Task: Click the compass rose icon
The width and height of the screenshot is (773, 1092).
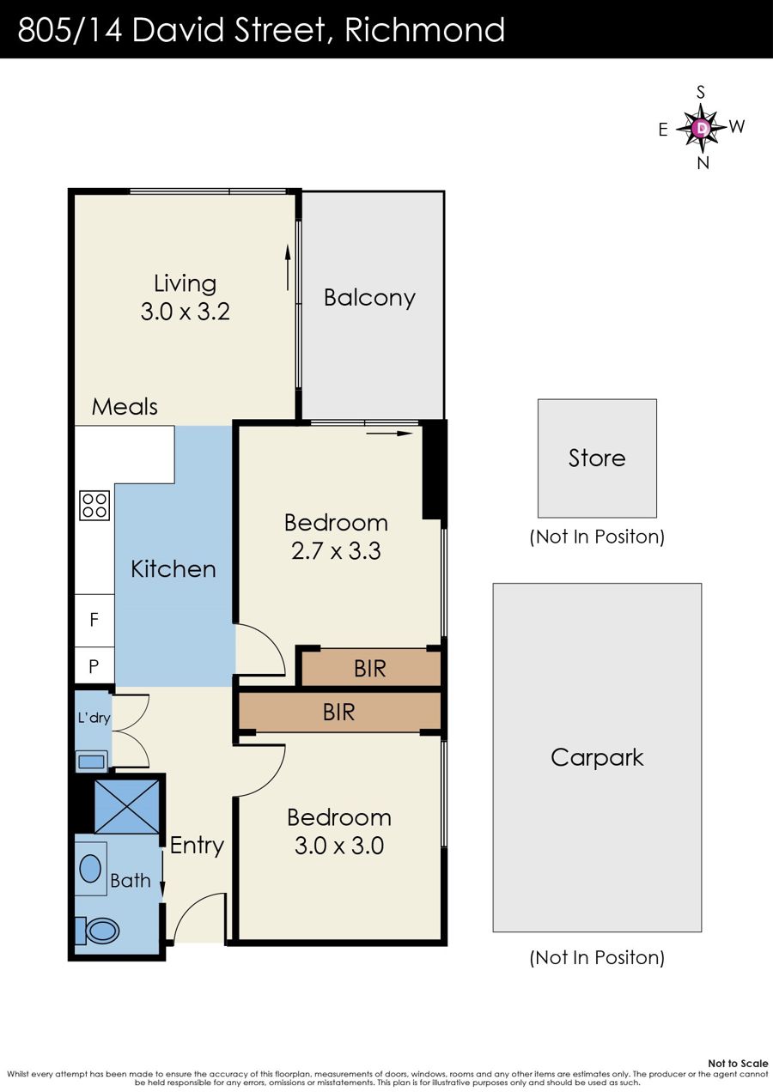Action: pyautogui.click(x=702, y=128)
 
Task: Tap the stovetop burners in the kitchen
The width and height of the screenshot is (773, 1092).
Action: pyautogui.click(x=94, y=505)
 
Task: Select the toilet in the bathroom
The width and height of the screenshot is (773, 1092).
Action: pyautogui.click(x=98, y=931)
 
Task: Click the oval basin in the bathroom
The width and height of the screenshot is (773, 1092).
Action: pyautogui.click(x=90, y=868)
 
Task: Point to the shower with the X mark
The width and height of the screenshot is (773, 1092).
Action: pyautogui.click(x=127, y=806)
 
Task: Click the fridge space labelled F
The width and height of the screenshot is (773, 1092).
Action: pyautogui.click(x=94, y=620)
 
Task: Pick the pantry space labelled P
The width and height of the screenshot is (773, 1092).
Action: pyautogui.click(x=94, y=665)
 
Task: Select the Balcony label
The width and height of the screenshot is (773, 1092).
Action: pyautogui.click(x=369, y=297)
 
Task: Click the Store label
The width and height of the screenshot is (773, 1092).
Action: pyautogui.click(x=597, y=458)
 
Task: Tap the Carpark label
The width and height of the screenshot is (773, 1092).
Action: pyautogui.click(x=597, y=757)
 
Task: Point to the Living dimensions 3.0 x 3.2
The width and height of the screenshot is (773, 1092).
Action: pyautogui.click(x=186, y=312)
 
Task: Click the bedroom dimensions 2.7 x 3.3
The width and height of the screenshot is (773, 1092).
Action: pyautogui.click(x=336, y=551)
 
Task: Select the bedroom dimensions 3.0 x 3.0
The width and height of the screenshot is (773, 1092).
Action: pyautogui.click(x=339, y=846)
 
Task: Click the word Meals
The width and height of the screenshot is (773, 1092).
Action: pyautogui.click(x=125, y=407)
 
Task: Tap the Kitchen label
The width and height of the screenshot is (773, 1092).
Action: pyautogui.click(x=173, y=569)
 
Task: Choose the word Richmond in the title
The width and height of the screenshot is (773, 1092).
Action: pyautogui.click(x=424, y=29)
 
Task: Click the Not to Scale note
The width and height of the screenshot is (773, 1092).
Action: pyautogui.click(x=738, y=1063)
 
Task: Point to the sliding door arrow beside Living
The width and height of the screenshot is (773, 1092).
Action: pyautogui.click(x=288, y=268)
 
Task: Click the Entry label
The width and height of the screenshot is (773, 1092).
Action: pyautogui.click(x=197, y=846)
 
